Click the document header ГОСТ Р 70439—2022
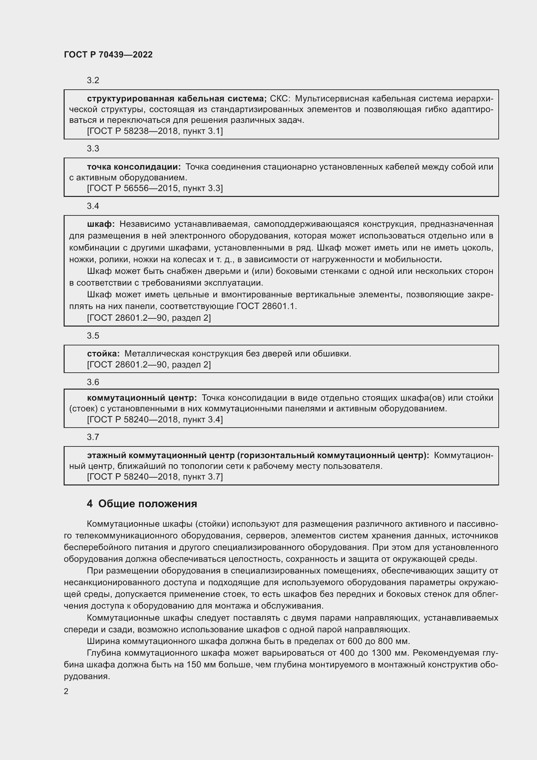pyautogui.click(x=108, y=55)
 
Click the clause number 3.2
pyautogui.click(x=93, y=81)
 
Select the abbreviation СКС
pyautogui.click(x=280, y=99)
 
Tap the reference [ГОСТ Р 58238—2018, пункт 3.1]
pyautogui.click(x=155, y=131)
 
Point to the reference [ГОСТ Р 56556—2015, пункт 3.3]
pyautogui.click(x=155, y=188)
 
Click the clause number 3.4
pyautogui.click(x=93, y=206)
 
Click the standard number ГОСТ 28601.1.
pyautogui.click(x=266, y=306)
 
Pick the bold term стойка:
pyautogui.click(x=103, y=354)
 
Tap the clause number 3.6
pyautogui.click(x=93, y=382)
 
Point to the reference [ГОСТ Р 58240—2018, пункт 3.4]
pyautogui.click(x=155, y=419)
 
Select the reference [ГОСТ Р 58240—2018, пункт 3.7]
pyautogui.click(x=155, y=477)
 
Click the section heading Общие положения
pyautogui.click(x=147, y=504)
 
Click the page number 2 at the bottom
pyautogui.click(x=66, y=691)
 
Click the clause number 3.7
pyautogui.click(x=93, y=437)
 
